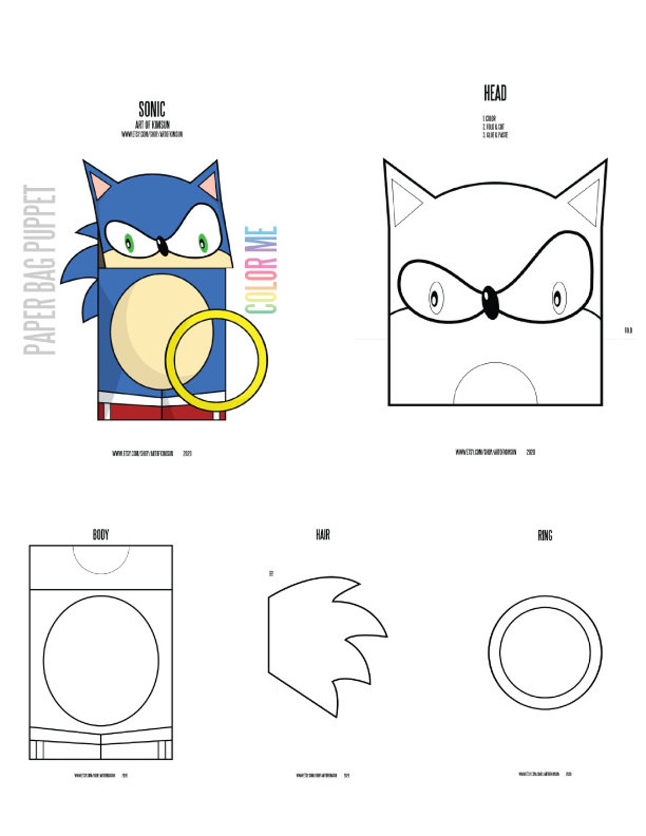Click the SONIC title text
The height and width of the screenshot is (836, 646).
152,109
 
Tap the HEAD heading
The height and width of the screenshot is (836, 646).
495,93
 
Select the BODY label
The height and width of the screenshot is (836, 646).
100,534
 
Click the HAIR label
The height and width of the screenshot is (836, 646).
322,534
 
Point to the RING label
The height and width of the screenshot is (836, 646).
545,535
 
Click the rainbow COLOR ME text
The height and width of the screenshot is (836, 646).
261,270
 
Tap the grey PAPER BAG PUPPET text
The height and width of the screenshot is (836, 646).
40,270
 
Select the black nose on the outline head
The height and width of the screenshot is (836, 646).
490,302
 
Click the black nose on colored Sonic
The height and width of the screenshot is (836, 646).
162,246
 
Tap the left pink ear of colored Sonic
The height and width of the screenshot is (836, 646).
100,186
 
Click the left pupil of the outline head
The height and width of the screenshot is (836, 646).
435,297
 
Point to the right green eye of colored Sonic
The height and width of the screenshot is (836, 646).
202,243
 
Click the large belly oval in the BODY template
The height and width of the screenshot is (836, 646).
101,660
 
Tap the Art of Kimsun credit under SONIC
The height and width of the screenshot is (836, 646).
152,125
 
